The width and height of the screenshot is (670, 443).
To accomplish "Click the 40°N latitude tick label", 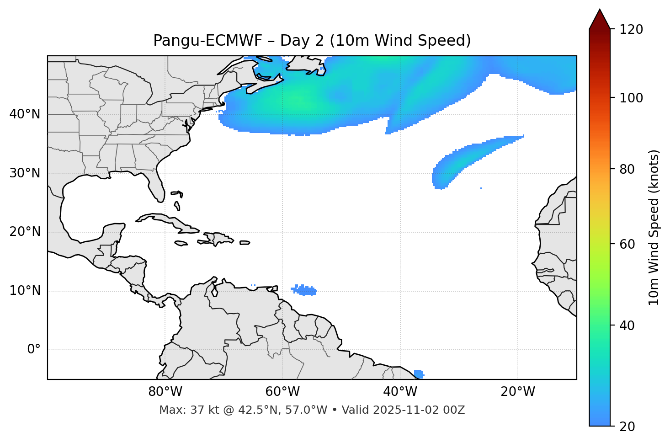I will [x=25, y=114].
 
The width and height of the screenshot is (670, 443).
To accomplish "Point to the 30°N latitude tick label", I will [x=25, y=173].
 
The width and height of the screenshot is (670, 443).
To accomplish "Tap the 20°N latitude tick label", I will [x=25, y=232].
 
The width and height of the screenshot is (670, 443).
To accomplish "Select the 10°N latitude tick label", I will [x=25, y=291].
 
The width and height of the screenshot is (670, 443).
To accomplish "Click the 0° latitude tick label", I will [x=34, y=350].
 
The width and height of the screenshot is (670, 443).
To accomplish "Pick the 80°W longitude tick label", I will [x=165, y=392].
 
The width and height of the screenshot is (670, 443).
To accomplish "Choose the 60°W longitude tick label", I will [x=282, y=392].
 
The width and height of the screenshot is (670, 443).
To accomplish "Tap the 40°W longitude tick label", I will [x=400, y=392].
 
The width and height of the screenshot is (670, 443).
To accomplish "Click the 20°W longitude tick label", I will [x=517, y=392].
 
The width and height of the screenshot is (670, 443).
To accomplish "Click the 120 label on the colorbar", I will [x=631, y=30].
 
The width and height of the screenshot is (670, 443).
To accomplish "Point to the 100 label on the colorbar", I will [x=631, y=98].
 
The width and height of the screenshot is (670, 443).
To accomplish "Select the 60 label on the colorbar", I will [x=628, y=244].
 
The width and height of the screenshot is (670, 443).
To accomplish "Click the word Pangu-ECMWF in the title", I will [x=207, y=41].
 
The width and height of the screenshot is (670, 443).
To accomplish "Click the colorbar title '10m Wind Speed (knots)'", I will [x=654, y=227].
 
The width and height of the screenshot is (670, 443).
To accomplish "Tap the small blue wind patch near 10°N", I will [x=304, y=290].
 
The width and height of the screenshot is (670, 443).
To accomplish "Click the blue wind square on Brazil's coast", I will [x=418, y=374].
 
